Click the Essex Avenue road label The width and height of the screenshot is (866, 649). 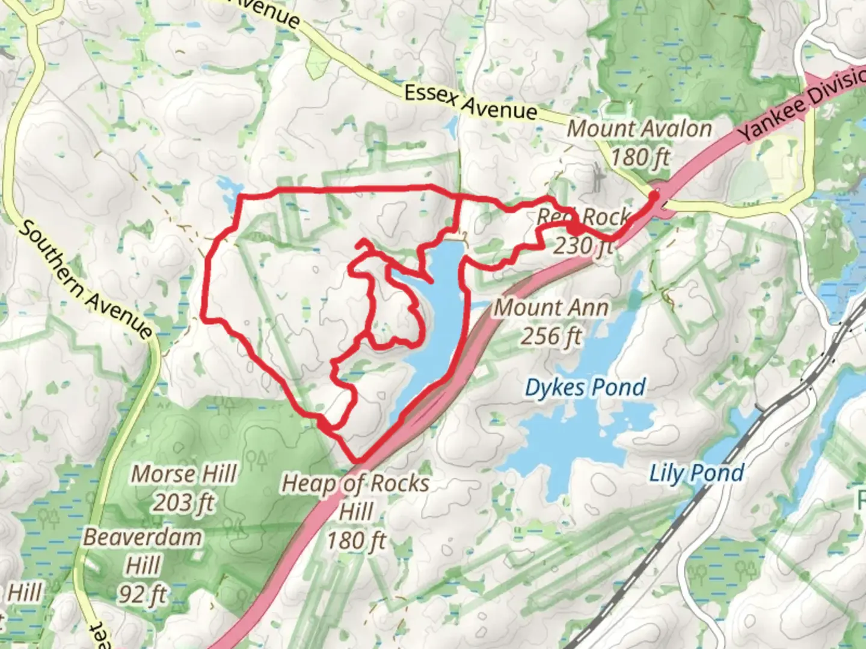470,102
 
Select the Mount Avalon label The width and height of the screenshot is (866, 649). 639,129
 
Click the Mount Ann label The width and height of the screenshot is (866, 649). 551,308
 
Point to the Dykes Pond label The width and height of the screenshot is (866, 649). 585,388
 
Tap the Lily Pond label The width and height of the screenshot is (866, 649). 696,474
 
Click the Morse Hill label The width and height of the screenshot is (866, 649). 183,474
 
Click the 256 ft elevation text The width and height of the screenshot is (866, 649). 551,337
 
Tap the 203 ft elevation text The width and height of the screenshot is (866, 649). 183,502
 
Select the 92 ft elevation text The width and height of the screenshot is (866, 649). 143,594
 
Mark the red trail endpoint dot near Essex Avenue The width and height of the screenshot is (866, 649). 654,195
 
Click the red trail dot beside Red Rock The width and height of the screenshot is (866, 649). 574,229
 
